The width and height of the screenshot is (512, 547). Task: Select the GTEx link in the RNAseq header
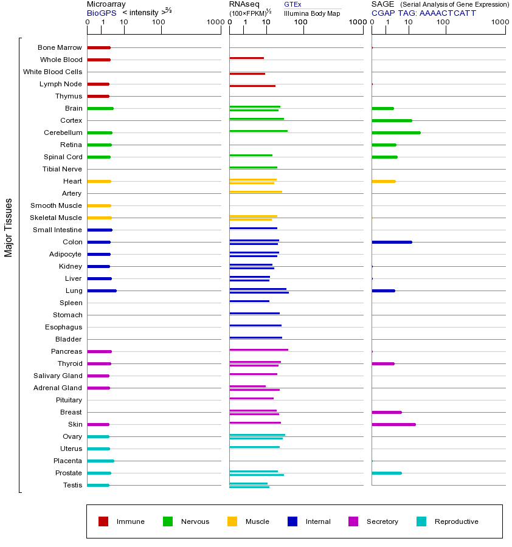pos(292,5)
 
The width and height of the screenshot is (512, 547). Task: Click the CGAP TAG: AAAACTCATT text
pos(424,13)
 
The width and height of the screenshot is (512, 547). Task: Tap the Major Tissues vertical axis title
pos(9,227)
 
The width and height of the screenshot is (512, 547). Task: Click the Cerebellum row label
pos(63,132)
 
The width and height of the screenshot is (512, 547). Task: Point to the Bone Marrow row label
pos(60,47)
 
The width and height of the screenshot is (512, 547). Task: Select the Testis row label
pos(72,485)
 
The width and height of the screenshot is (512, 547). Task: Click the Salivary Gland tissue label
pos(58,376)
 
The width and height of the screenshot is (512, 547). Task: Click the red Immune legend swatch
pos(103,521)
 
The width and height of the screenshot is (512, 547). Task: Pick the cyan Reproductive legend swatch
pos(421,521)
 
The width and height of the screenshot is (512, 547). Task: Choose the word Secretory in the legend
pos(382,521)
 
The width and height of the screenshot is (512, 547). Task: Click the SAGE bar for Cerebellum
pos(396,132)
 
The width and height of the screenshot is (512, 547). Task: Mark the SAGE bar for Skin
pos(393,424)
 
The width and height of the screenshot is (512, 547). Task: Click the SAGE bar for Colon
pos(392,242)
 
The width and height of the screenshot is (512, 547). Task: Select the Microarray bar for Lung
pos(102,291)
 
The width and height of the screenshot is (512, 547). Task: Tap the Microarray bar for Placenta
pos(100,461)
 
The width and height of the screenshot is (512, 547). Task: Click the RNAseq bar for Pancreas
pos(258,349)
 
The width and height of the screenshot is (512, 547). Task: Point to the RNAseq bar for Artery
pos(255,191)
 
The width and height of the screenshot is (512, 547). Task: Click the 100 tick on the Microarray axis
pos(159,22)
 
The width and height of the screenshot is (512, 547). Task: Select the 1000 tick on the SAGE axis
pos(499,22)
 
